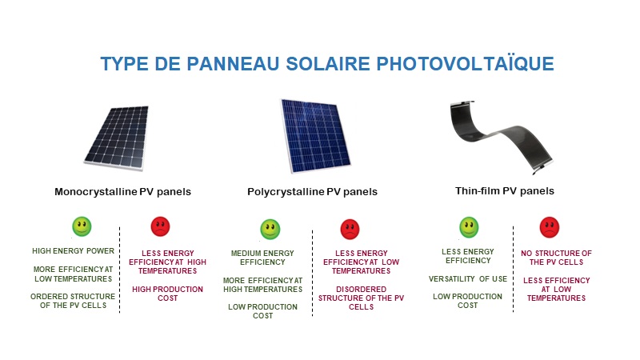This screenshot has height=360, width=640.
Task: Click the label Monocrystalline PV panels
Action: coord(122,192)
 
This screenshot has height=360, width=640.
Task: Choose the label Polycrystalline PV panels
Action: coord(312,192)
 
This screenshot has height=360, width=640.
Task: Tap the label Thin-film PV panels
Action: coord(506,191)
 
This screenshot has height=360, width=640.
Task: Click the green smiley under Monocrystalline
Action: coord(82,226)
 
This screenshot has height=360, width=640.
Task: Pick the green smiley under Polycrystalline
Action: coord(270,230)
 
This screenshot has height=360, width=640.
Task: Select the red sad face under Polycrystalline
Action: coord(350,230)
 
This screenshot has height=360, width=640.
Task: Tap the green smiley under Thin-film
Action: coord(469,227)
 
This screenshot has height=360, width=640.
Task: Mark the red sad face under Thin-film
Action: coord(550,227)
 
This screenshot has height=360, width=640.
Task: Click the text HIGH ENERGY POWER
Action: coord(74,251)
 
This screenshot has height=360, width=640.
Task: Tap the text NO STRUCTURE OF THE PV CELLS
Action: coord(556,258)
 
